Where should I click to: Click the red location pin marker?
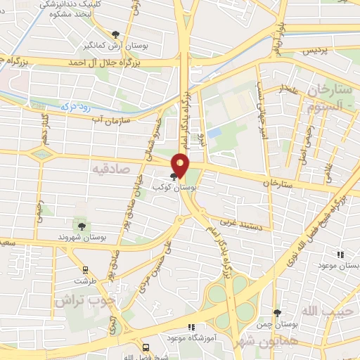181,165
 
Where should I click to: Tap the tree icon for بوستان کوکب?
174,176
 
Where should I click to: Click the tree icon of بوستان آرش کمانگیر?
116,34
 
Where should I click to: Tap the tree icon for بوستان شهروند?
82,226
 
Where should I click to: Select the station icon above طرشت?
86,269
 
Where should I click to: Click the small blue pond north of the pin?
214,131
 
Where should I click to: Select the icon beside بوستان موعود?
341,255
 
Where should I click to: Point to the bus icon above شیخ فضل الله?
146,347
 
